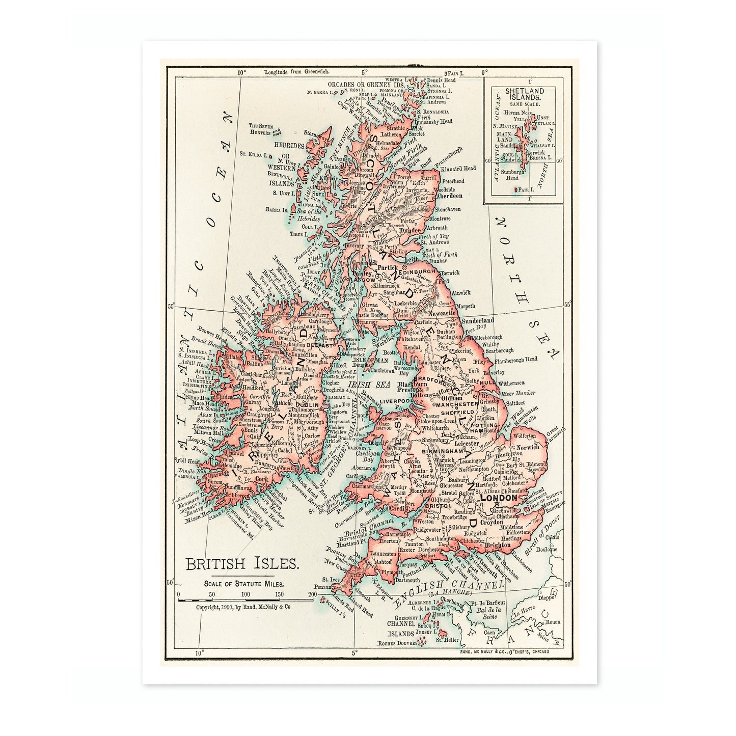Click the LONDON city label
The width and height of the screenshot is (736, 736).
[499, 498]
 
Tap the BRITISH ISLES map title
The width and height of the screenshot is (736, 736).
[242, 564]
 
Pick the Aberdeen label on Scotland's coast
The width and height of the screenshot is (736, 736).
[449, 196]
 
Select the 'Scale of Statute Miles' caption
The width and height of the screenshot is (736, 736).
[243, 584]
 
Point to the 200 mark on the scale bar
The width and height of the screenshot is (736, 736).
[312, 594]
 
